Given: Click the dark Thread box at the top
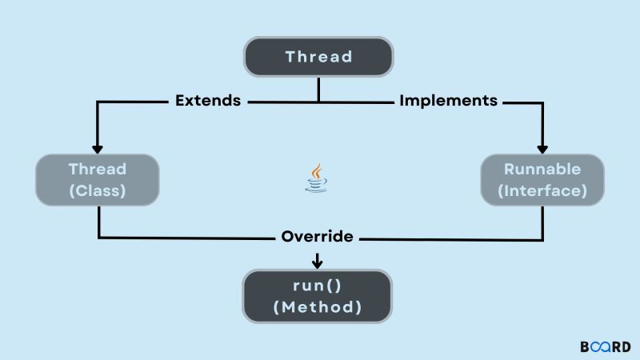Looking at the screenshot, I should click(x=318, y=57).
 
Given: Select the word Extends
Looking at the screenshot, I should click(x=208, y=101).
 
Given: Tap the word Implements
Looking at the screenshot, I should click(x=448, y=101).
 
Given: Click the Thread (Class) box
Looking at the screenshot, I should click(x=98, y=180).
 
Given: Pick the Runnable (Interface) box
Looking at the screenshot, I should click(x=542, y=180).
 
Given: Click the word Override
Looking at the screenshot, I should click(x=318, y=237).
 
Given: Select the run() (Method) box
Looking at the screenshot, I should click(x=318, y=296).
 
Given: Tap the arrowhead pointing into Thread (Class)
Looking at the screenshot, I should click(x=98, y=148).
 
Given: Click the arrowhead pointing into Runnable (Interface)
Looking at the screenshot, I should click(x=542, y=148).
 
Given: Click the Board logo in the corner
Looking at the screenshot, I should click(x=605, y=347).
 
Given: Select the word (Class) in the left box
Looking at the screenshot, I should click(x=98, y=192).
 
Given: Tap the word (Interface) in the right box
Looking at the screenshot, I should click(x=542, y=192).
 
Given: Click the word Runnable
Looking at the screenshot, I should click(x=542, y=170).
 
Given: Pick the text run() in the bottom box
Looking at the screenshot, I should click(x=318, y=286).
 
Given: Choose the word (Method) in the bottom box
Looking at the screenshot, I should click(x=318, y=307).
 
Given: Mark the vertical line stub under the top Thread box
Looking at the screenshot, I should click(x=318, y=89).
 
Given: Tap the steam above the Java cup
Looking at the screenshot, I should click(x=318, y=170).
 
